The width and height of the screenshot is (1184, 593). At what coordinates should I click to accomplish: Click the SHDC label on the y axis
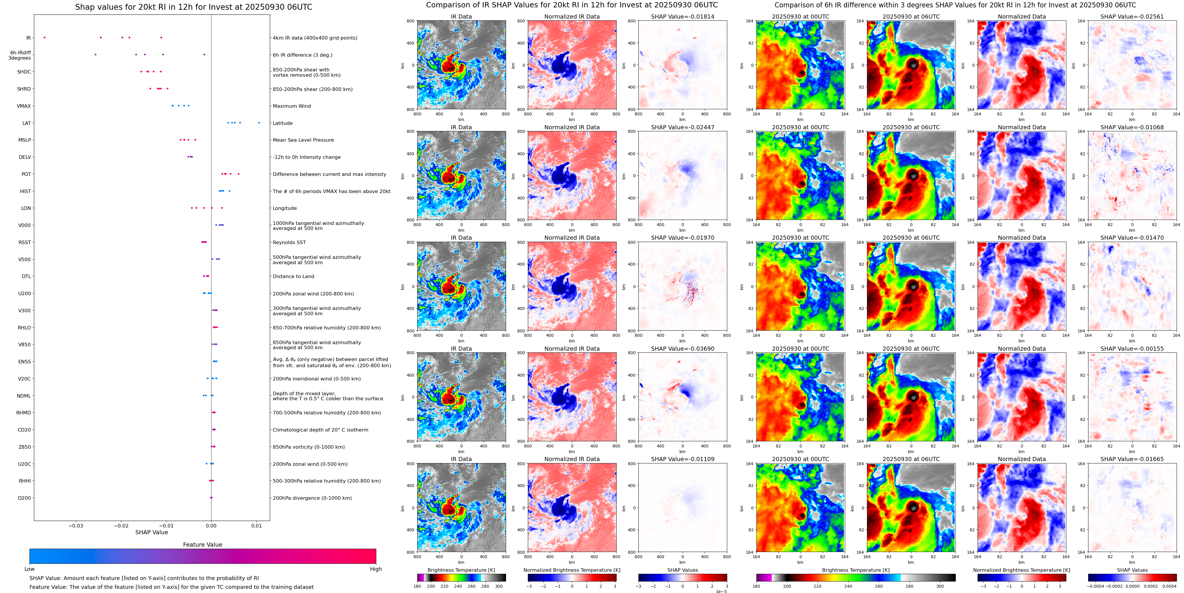(24, 72)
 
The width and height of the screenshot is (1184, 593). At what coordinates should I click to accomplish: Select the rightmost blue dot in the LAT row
(259, 123)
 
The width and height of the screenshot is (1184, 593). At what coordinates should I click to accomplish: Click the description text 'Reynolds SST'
(289, 242)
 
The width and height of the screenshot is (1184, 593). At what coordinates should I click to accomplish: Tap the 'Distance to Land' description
(293, 277)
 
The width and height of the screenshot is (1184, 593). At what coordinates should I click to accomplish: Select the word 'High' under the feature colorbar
(376, 569)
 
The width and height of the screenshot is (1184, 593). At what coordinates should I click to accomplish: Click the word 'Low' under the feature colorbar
(29, 569)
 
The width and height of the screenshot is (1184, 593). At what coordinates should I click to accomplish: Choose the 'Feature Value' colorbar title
(203, 545)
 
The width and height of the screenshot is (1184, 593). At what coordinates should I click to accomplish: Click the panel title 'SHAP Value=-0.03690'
(683, 349)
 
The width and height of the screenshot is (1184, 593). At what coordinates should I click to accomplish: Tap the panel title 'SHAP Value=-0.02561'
(1132, 17)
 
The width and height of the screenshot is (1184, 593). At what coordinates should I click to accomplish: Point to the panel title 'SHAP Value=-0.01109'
(683, 459)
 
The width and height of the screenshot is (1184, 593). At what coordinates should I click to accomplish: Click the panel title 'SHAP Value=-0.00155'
(1132, 349)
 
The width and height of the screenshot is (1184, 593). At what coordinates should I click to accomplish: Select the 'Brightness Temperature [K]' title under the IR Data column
(461, 570)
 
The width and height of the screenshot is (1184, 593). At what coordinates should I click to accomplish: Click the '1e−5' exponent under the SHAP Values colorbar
(721, 591)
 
